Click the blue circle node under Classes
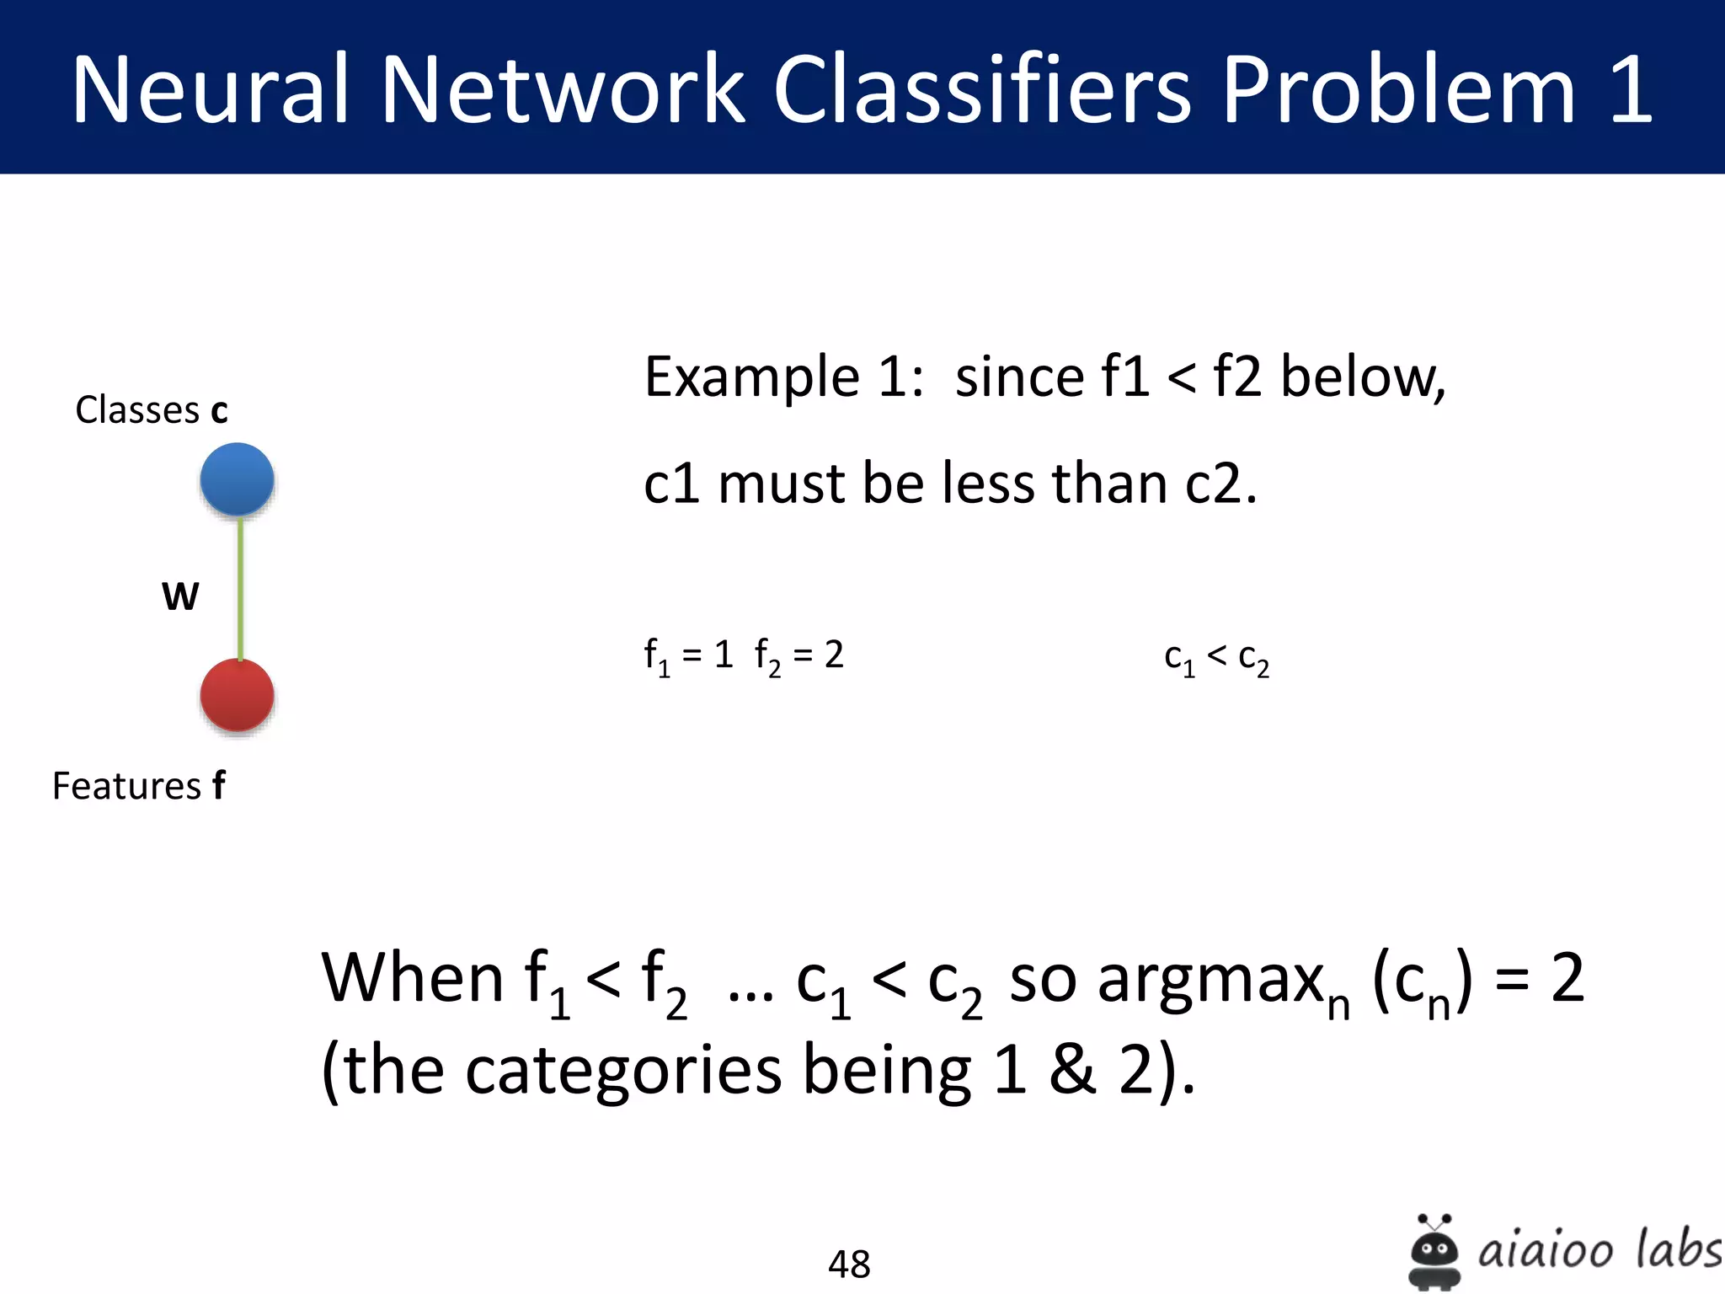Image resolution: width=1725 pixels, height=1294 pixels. click(x=237, y=479)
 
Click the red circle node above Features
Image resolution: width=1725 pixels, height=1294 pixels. click(x=237, y=695)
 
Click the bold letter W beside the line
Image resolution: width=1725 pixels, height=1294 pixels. click(x=180, y=596)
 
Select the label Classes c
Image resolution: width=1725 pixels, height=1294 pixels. click(x=152, y=410)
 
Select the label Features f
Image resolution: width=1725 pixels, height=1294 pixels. click(x=139, y=786)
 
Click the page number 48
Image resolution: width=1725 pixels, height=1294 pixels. click(x=849, y=1264)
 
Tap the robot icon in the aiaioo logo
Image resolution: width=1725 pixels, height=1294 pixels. click(x=1434, y=1253)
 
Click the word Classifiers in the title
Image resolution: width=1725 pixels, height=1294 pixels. click(x=981, y=89)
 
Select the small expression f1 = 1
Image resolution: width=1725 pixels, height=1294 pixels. click(x=688, y=655)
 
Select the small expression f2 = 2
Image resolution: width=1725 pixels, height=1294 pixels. click(x=798, y=655)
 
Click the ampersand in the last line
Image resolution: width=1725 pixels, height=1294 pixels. click(x=1071, y=1070)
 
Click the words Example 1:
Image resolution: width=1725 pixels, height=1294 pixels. click(x=783, y=377)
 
